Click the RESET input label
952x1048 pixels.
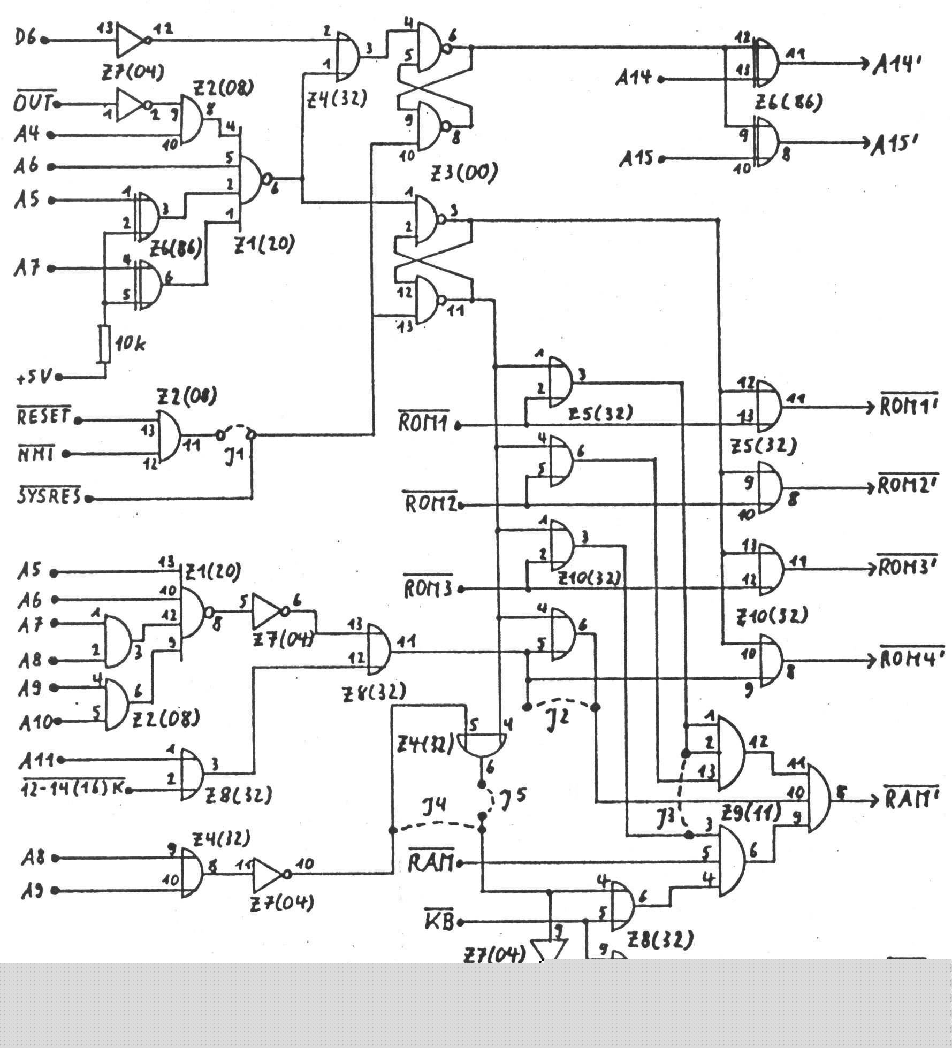[x=44, y=416]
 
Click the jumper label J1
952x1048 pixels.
[x=234, y=456]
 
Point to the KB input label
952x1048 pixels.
[x=439, y=922]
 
